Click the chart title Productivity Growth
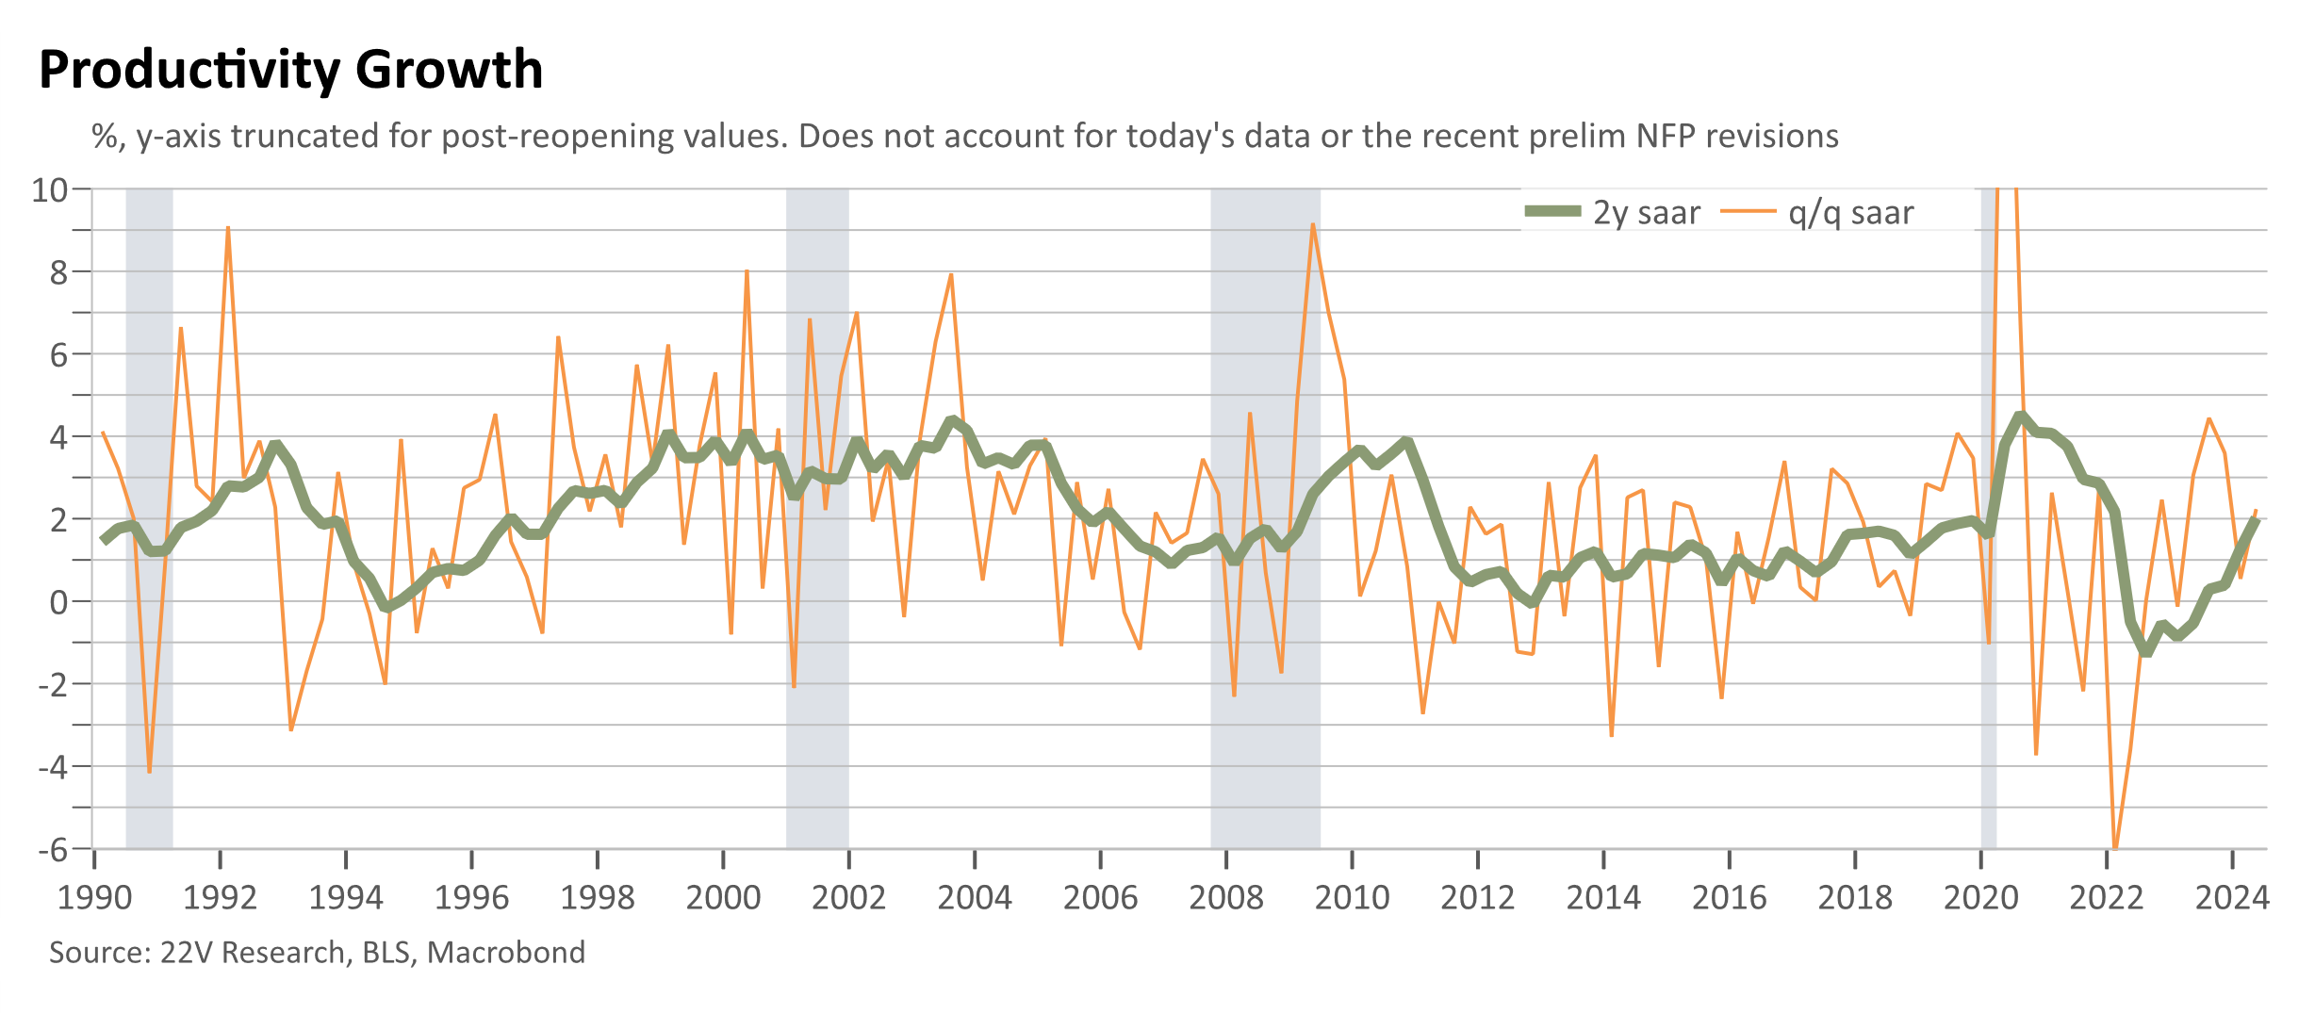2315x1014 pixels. pos(291,71)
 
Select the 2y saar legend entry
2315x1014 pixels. pos(1613,212)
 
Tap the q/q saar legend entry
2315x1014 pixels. pos(1817,213)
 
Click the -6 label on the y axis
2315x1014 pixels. pos(53,849)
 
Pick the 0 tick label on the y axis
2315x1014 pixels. pos(59,601)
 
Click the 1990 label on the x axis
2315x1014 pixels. pos(94,897)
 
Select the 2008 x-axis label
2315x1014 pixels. pos(1226,897)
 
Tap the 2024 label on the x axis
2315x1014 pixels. pos(2232,897)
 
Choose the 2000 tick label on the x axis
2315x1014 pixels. pos(723,897)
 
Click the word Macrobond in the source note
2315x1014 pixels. pos(506,952)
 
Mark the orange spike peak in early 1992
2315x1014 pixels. pos(228,227)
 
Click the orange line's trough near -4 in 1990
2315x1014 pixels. pos(149,772)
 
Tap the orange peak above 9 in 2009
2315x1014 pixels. pos(1312,224)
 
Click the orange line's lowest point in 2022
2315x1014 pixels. pos(2115,848)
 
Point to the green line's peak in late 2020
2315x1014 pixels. pos(2019,416)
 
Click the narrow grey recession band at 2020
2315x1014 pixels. pos(1989,518)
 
